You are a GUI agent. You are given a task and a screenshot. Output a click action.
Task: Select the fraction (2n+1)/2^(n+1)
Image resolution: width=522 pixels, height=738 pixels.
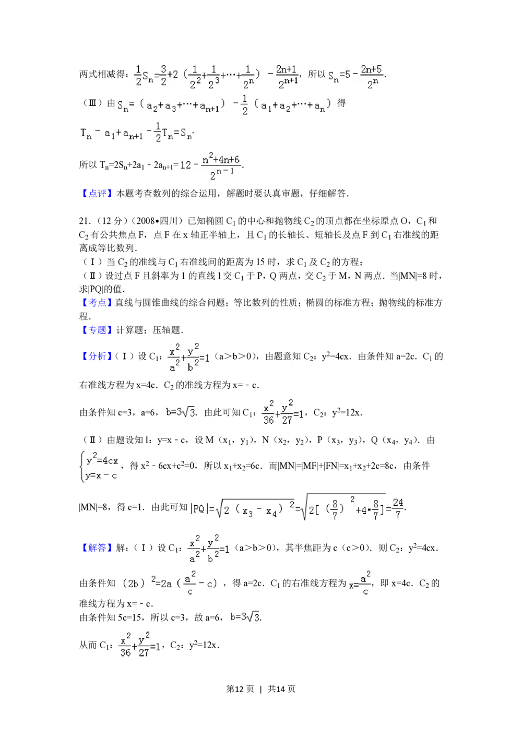point(287,76)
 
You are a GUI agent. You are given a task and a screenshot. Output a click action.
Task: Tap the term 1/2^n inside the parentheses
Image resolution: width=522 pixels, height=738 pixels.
point(248,76)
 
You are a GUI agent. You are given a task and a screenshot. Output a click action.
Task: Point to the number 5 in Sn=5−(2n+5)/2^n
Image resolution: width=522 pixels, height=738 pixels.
point(348,76)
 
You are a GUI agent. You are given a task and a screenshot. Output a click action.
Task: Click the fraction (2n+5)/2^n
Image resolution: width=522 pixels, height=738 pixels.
point(372,77)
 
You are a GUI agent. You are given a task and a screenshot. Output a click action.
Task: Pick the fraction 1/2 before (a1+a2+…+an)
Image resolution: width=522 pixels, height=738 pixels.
point(244,105)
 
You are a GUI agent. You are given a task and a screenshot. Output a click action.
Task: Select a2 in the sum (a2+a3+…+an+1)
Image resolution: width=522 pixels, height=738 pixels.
point(152,106)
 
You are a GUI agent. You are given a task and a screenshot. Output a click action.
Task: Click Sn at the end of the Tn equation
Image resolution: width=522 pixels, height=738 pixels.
point(186,134)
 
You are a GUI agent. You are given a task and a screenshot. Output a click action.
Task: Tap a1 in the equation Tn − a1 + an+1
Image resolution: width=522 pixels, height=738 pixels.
point(110,134)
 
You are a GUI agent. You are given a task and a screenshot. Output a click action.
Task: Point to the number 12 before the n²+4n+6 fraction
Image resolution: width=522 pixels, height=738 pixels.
point(185,165)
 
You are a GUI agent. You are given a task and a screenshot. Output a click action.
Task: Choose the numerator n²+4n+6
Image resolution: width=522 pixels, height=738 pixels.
point(221,160)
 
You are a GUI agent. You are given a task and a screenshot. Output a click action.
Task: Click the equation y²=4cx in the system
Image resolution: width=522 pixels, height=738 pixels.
point(102,460)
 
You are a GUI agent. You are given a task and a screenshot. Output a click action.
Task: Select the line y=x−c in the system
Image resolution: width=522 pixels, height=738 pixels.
point(102,475)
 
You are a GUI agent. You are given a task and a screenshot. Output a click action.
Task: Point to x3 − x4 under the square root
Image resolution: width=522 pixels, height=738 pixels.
point(257,511)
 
